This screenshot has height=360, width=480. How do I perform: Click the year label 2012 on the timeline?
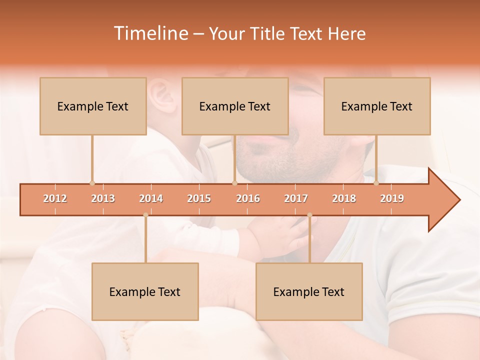click(55, 198)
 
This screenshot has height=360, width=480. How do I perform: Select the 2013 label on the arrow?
click(103, 198)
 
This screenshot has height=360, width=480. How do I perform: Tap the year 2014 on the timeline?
click(151, 198)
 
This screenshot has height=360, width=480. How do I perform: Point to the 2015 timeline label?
click(199, 198)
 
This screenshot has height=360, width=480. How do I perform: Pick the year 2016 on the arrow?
click(248, 198)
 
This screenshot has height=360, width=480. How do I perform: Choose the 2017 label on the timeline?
click(296, 198)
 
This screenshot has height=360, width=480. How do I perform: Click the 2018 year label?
click(344, 198)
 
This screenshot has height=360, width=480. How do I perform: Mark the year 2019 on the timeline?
click(392, 198)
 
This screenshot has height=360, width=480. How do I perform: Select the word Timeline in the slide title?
click(150, 33)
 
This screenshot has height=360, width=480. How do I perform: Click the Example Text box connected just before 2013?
click(93, 106)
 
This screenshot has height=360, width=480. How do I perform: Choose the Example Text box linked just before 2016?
click(235, 106)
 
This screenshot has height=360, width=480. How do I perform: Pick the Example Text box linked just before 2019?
click(377, 106)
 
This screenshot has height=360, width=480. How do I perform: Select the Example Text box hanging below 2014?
click(145, 291)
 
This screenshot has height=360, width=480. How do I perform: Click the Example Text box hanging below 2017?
click(309, 291)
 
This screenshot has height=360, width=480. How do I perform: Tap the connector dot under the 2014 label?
click(145, 215)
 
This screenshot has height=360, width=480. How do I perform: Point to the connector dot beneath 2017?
click(309, 215)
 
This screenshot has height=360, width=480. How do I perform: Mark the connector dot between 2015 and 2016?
click(234, 183)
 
